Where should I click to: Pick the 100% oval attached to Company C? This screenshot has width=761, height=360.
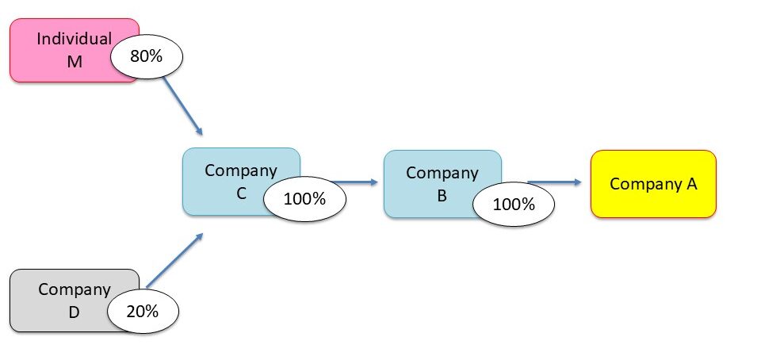pyautogui.click(x=304, y=199)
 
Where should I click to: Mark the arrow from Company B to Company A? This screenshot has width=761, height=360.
pyautogui.click(x=555, y=182)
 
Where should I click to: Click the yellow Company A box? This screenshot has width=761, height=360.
pyautogui.click(x=653, y=184)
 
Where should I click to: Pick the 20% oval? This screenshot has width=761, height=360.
pyautogui.click(x=143, y=311)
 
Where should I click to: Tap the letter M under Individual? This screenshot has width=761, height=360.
pyautogui.click(x=75, y=61)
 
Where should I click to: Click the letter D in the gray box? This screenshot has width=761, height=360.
pyautogui.click(x=74, y=312)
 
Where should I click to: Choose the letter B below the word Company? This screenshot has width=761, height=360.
pyautogui.click(x=442, y=194)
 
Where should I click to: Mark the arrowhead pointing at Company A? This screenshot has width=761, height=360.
pyautogui.click(x=578, y=182)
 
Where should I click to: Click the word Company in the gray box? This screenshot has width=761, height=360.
pyautogui.click(x=74, y=289)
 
